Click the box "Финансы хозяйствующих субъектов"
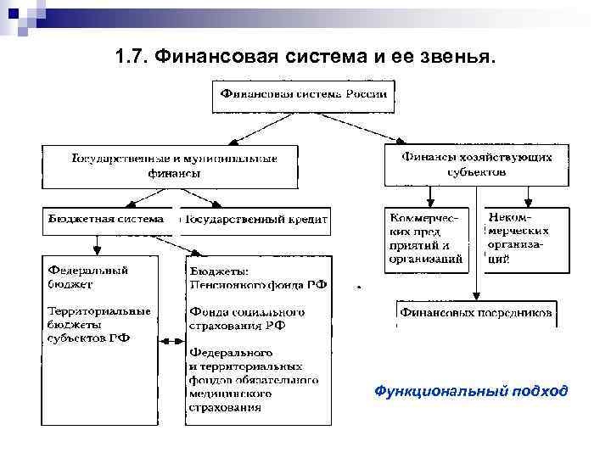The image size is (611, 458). point(476,165)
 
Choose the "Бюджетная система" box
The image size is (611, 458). point(105,220)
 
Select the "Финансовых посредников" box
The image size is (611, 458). point(476,313)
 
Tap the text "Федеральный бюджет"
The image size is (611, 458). point(87,276)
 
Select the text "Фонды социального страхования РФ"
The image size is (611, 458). point(247,318)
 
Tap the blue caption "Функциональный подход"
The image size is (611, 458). point(471,391)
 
